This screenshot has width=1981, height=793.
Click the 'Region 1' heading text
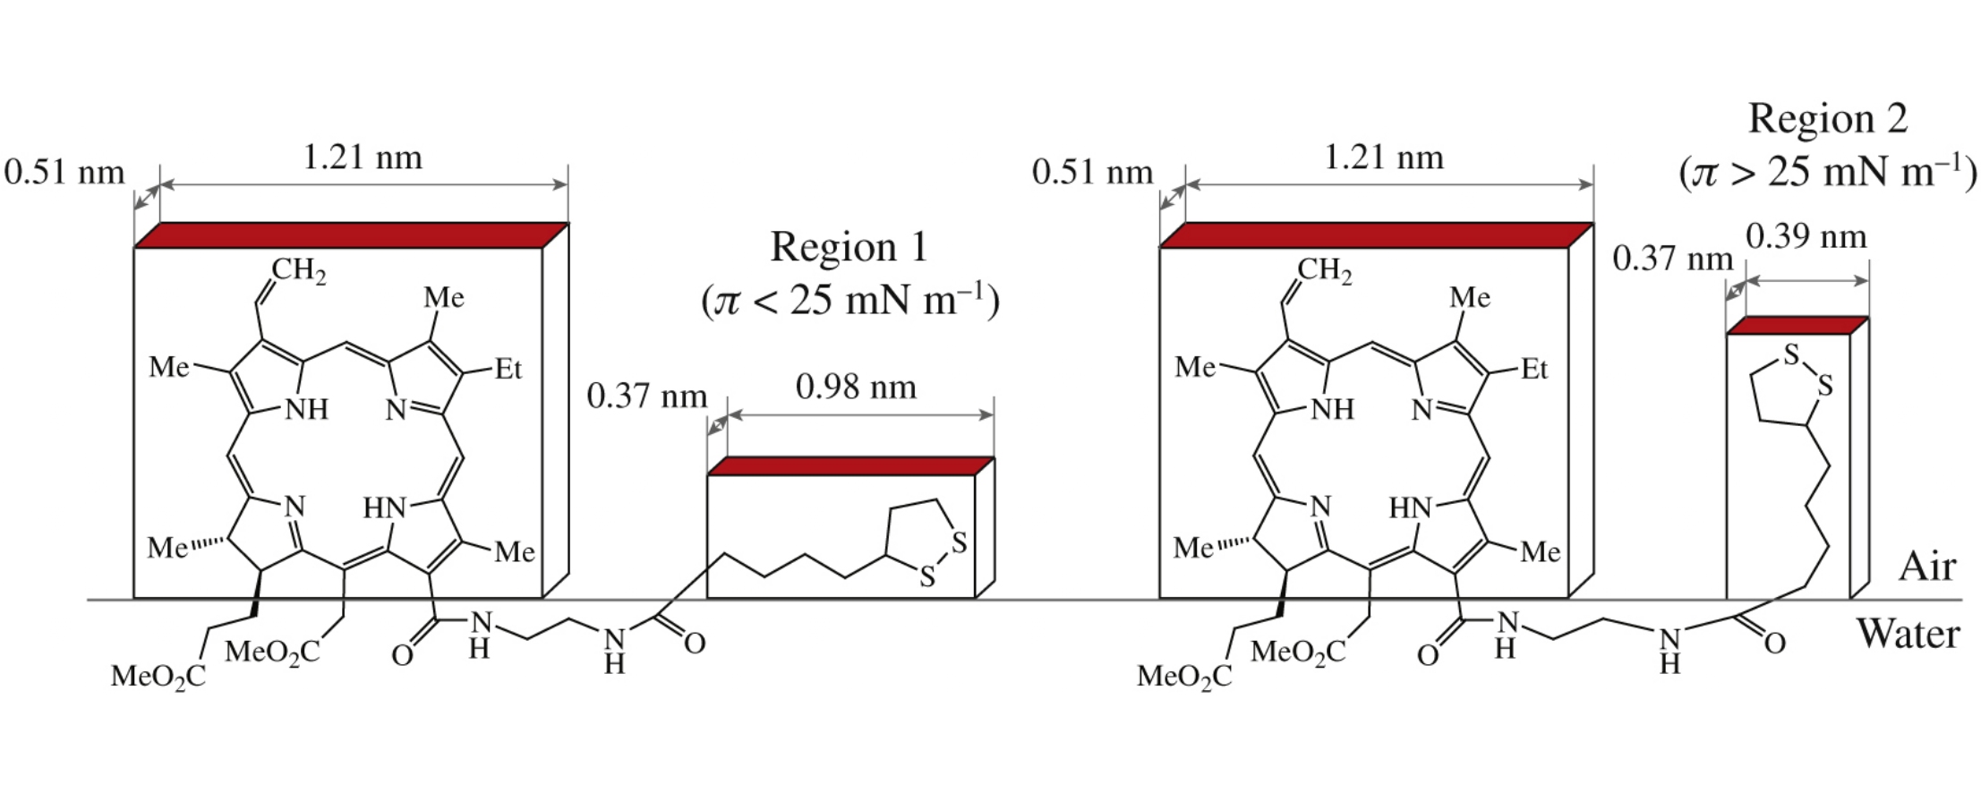pos(849,247)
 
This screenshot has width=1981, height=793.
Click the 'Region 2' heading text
pos(1827,119)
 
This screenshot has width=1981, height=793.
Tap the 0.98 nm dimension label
pos(856,388)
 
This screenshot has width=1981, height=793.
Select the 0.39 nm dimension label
pos(1806,236)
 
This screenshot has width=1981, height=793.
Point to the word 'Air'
pos(1927,567)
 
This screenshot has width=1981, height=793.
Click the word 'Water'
pos(1908,634)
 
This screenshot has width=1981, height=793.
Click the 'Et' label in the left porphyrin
pos(508,369)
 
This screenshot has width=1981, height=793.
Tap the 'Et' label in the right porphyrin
pos(1533,369)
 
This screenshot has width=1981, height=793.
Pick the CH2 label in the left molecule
pos(298,270)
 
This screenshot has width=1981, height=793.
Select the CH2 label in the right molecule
pos(1324,270)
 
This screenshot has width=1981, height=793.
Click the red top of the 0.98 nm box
pos(850,466)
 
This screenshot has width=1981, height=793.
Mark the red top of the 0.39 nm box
pos(1797,326)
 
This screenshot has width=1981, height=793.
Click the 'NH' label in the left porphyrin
pos(306,410)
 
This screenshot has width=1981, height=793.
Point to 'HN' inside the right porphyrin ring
pos(1411,508)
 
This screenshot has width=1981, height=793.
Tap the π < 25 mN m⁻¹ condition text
pos(850,300)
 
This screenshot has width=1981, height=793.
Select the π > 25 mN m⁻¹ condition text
pos(1827,172)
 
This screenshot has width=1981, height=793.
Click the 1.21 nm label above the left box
pos(362,158)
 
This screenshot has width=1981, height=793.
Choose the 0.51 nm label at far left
pos(64,172)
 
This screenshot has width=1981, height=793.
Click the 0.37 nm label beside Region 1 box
pos(646,396)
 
